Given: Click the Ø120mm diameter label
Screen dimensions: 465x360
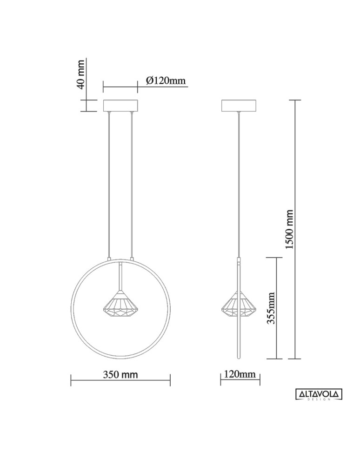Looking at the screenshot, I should point(166,81).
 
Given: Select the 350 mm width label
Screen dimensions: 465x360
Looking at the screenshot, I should point(120,374).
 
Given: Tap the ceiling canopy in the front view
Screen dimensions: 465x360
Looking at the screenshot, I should point(120,106).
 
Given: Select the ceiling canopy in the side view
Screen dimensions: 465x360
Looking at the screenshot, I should point(240,106).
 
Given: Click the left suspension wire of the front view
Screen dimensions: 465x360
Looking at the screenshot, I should point(109,186).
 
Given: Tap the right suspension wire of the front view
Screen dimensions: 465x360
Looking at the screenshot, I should point(132,186).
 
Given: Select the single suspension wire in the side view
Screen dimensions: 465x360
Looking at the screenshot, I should point(240,186).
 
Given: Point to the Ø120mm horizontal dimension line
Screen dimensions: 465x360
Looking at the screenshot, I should point(120,86).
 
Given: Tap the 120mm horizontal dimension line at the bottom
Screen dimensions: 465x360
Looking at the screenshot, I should point(240,380).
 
